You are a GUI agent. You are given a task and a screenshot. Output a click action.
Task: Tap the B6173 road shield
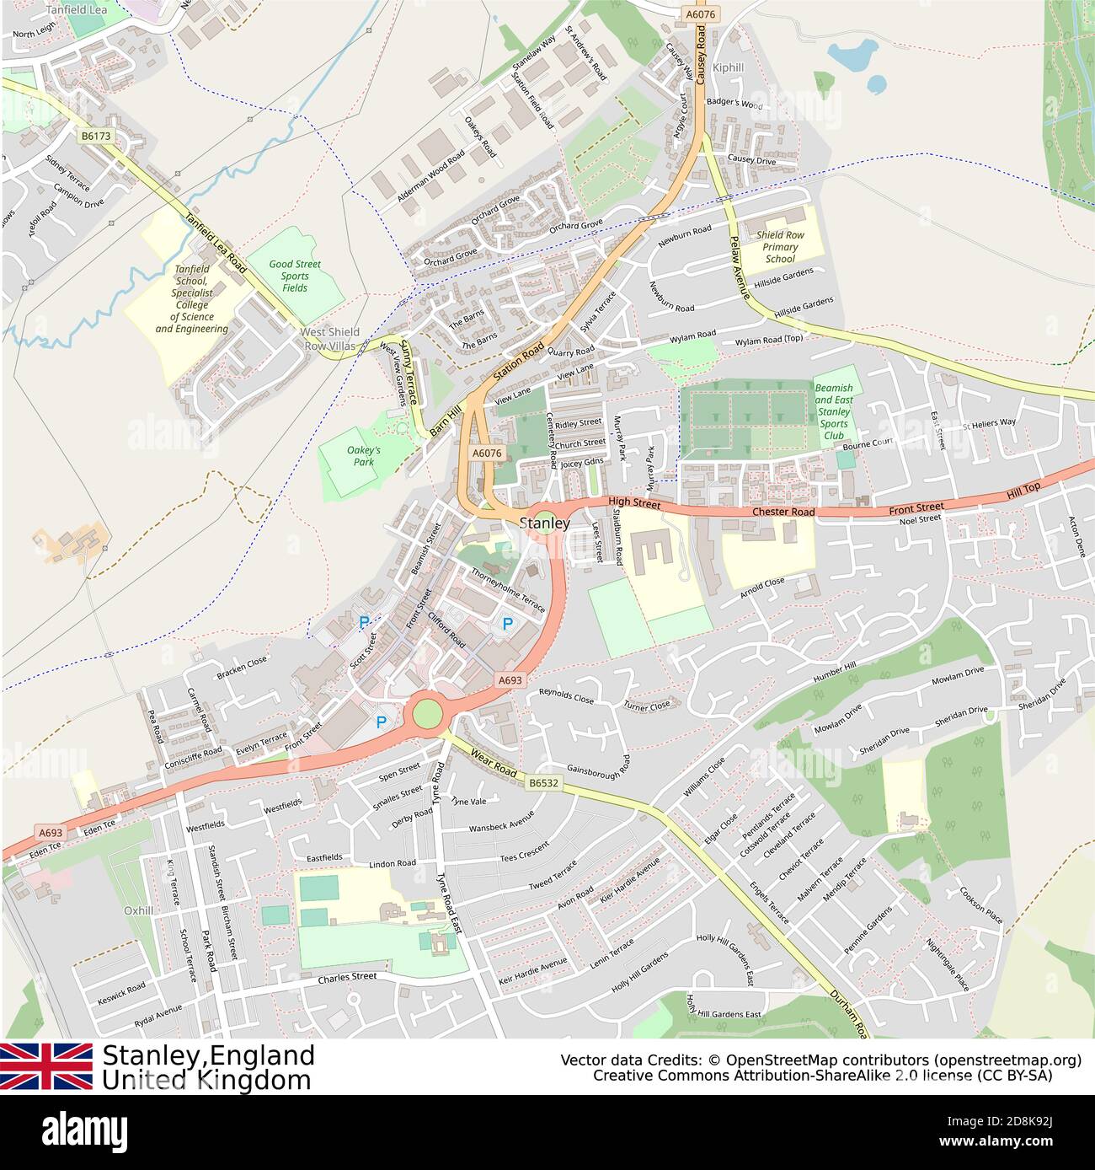point(96,135)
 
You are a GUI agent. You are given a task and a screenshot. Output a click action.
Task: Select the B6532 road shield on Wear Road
point(544,783)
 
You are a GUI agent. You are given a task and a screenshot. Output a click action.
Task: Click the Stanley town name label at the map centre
point(545,523)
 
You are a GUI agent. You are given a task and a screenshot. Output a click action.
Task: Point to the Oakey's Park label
point(363,456)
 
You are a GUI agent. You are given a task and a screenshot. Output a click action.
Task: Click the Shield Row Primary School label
point(780,247)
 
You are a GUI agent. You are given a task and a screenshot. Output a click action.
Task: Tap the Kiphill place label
point(729,67)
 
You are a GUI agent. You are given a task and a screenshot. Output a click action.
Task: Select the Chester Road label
point(783,512)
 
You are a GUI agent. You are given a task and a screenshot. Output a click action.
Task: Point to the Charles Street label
point(347,978)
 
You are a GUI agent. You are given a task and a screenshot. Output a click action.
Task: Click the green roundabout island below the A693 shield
point(427,713)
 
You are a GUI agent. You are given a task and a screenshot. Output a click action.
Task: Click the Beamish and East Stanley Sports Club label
point(833,412)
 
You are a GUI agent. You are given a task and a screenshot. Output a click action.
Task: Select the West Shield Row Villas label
point(330,339)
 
